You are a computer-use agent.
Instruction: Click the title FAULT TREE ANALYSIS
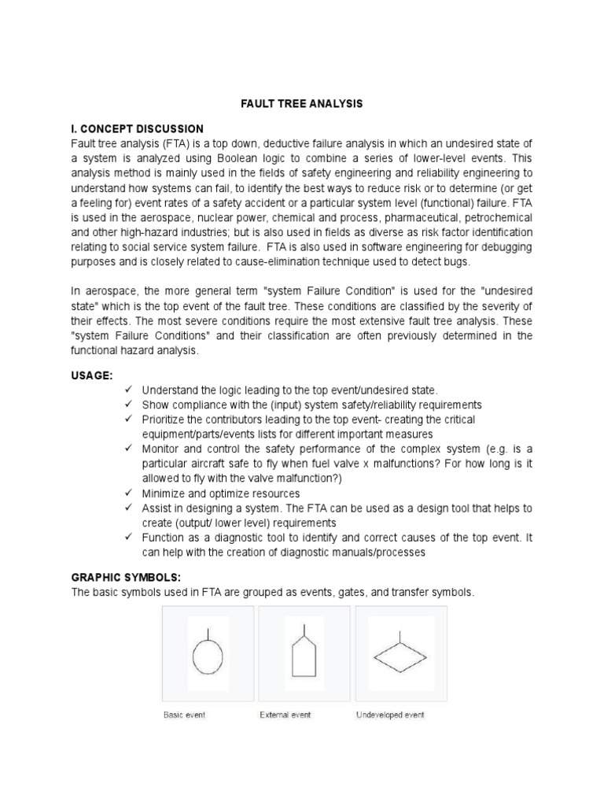point(301,103)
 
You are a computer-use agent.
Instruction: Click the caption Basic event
point(183,715)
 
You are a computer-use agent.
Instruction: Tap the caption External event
point(285,715)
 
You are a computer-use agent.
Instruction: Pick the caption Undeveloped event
point(390,715)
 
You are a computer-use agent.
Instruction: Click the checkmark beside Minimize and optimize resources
point(129,493)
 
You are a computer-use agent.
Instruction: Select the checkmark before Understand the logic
point(129,390)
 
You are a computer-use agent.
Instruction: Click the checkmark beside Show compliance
point(129,405)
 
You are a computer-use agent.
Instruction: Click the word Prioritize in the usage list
point(165,420)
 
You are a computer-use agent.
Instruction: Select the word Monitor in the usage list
point(162,449)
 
